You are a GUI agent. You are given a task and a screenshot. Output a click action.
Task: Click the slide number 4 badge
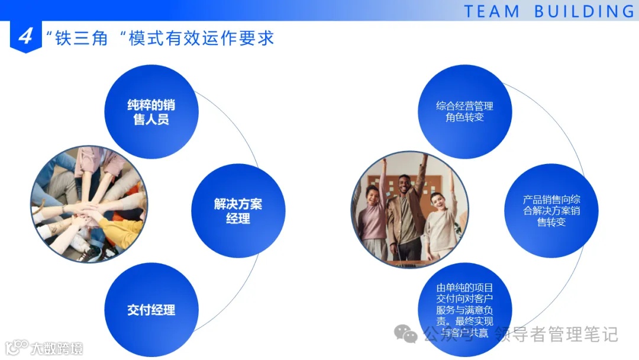25,37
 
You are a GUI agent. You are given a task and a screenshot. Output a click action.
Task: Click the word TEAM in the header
492,11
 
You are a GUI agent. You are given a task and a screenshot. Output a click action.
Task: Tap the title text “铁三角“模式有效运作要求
160,38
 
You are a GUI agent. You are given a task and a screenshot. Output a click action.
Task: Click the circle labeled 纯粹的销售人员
151,112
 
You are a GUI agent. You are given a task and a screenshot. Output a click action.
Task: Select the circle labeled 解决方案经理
238,211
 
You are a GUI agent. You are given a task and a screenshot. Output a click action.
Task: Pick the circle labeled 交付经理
151,310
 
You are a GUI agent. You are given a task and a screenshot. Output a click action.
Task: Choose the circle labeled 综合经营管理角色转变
464,112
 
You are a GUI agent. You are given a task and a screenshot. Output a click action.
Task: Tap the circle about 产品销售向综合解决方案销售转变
551,211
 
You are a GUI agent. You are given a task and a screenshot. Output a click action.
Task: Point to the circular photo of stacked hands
89,204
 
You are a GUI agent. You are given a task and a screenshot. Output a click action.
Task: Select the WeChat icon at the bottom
406,335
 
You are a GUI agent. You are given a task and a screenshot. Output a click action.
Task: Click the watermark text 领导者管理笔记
556,335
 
